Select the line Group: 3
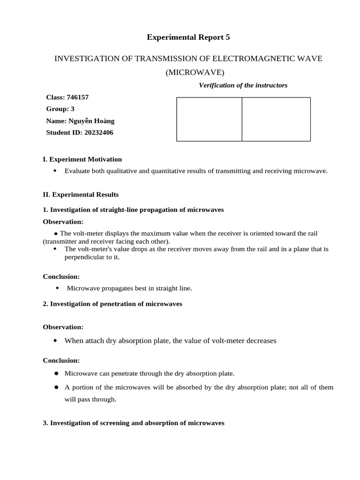point(60,109)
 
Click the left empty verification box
point(209,119)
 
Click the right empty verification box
point(276,119)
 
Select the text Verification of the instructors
point(243,85)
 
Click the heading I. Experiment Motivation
point(82,159)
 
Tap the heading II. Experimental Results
point(81,194)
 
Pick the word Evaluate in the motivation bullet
point(78,171)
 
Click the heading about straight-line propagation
point(133,210)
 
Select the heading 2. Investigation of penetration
point(112,304)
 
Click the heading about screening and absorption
point(133,423)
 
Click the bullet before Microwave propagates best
point(58,288)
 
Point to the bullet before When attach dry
point(56,340)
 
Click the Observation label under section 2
point(63,327)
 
